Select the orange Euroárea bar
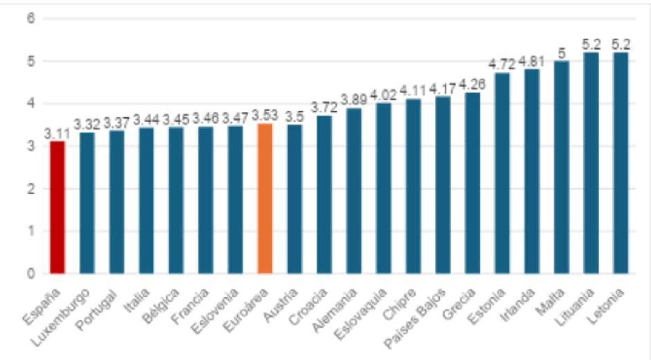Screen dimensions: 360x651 (265, 198)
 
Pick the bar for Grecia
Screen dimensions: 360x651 (472, 183)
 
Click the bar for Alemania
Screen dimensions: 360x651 (354, 191)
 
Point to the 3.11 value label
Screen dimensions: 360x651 (57, 134)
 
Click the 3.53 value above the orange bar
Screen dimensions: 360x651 (265, 115)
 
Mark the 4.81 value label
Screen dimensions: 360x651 (532, 61)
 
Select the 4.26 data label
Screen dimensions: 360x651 (472, 85)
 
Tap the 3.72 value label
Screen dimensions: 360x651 (324, 108)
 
